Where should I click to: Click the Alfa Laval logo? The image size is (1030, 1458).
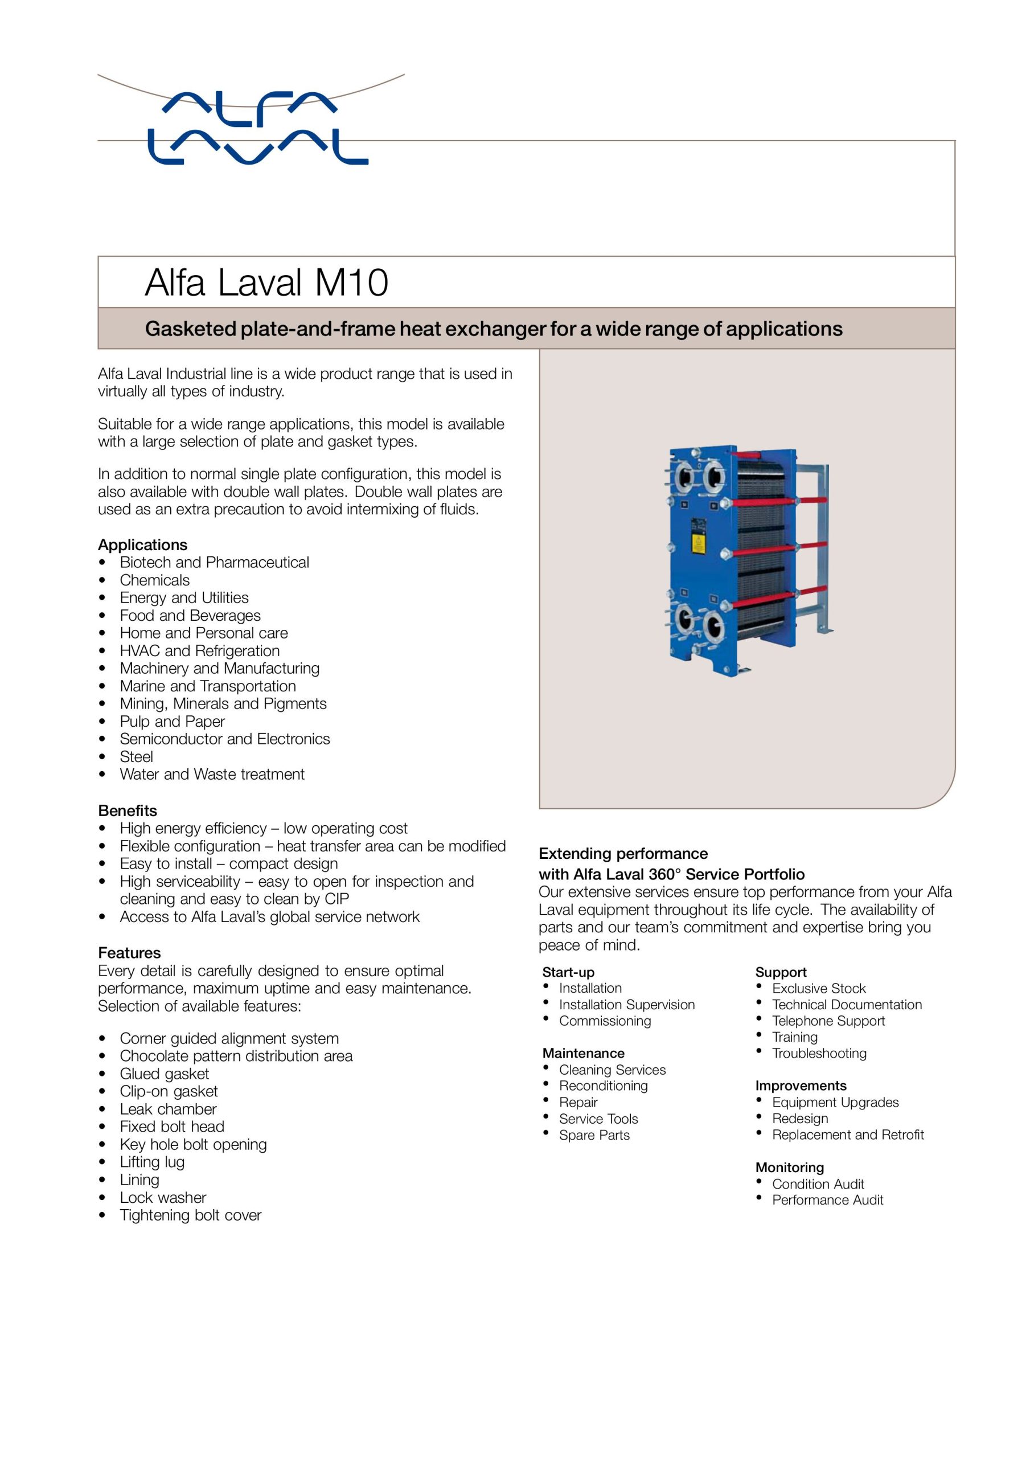[x=257, y=129]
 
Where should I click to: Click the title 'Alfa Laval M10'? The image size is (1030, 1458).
[x=266, y=282]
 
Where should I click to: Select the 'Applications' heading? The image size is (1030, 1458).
[x=142, y=545]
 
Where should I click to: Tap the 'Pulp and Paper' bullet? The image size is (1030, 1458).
[x=172, y=722]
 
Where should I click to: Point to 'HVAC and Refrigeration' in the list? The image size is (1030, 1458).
[x=199, y=651]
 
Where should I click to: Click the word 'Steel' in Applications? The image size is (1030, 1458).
[x=137, y=757]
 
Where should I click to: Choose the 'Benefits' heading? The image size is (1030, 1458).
[x=128, y=811]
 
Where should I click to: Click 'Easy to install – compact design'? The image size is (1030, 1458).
[x=229, y=863]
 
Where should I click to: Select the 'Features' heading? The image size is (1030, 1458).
[x=129, y=953]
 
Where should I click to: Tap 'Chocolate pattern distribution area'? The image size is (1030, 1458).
[x=236, y=1056]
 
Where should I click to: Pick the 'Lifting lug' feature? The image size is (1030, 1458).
[x=152, y=1162]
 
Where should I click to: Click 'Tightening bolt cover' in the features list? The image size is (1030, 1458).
[x=191, y=1215]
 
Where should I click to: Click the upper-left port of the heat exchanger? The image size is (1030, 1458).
[x=685, y=477]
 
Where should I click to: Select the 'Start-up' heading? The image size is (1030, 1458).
[x=568, y=972]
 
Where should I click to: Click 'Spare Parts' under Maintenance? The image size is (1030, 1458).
[x=594, y=1136]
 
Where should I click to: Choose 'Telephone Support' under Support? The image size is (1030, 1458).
[x=828, y=1021]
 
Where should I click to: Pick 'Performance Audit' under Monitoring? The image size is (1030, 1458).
[x=827, y=1200]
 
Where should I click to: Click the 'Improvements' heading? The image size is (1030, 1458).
[x=801, y=1086]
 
